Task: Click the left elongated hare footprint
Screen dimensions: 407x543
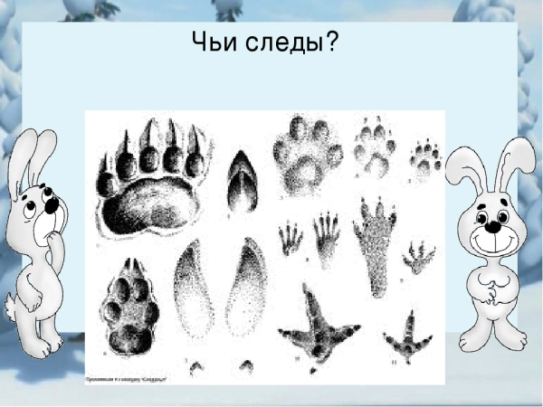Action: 193,289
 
